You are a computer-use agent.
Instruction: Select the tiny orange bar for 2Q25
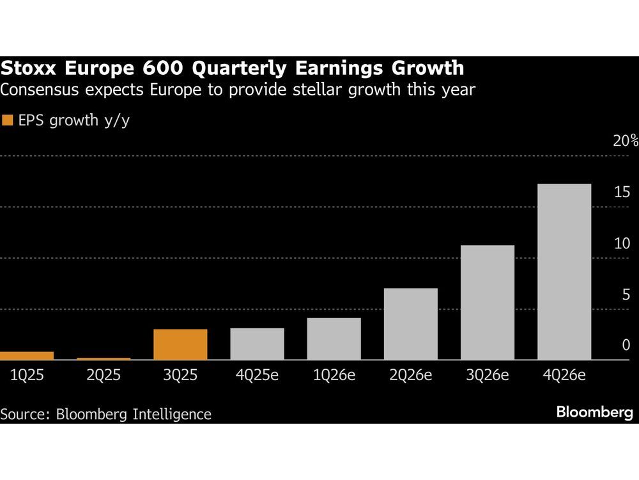pyautogui.click(x=104, y=358)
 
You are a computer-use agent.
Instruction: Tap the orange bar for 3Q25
pyautogui.click(x=180, y=344)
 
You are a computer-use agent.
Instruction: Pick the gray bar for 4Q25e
pyautogui.click(x=257, y=344)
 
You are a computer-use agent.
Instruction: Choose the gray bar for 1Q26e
pyautogui.click(x=334, y=339)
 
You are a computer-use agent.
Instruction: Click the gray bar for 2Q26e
pyautogui.click(x=410, y=324)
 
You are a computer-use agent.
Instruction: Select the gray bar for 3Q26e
pyautogui.click(x=487, y=302)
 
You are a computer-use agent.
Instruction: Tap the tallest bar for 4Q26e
pyautogui.click(x=564, y=272)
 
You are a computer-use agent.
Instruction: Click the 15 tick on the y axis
pyautogui.click(x=623, y=192)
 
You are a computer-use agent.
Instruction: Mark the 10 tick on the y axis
pyautogui.click(x=623, y=244)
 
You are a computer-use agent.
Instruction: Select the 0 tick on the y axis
pyautogui.click(x=626, y=346)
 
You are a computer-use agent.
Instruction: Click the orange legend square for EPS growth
pyautogui.click(x=8, y=120)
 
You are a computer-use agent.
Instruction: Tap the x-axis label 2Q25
pyautogui.click(x=104, y=376)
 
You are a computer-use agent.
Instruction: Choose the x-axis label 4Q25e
pyautogui.click(x=257, y=376)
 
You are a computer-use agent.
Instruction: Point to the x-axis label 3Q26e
pyautogui.click(x=487, y=376)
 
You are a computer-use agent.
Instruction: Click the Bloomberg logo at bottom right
pyautogui.click(x=594, y=413)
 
